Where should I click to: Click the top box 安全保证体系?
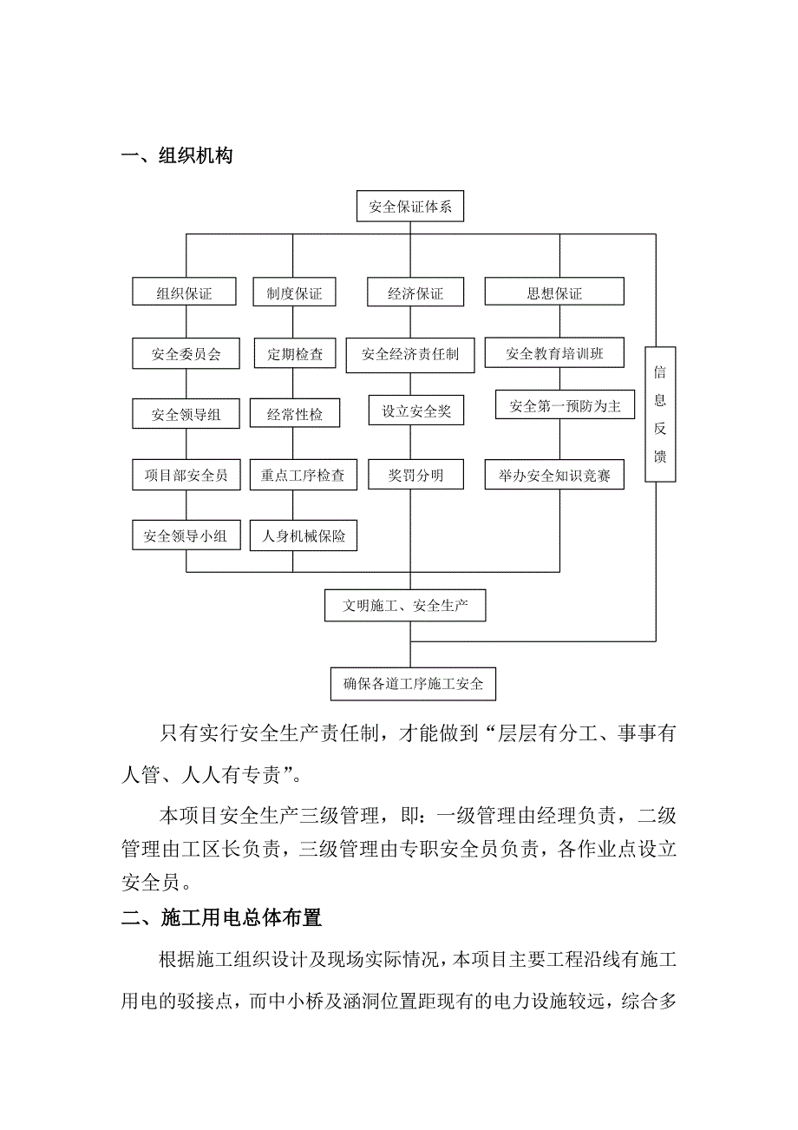click(409, 207)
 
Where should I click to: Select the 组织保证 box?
click(185, 293)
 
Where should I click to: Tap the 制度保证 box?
click(294, 293)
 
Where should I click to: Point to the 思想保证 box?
click(554, 293)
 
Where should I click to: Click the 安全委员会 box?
click(185, 354)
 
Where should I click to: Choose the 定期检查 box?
click(294, 354)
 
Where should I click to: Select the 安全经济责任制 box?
click(410, 354)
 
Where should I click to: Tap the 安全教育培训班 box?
click(554, 354)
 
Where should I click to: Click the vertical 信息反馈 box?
click(660, 414)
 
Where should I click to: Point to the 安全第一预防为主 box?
click(566, 405)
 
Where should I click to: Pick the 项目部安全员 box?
click(185, 475)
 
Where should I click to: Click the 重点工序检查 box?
click(303, 475)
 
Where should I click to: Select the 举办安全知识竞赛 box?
click(554, 475)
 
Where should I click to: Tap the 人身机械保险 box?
click(303, 536)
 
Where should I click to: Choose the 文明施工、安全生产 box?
click(405, 606)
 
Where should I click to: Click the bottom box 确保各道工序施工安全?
click(413, 684)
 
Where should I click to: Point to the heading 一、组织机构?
click(177, 156)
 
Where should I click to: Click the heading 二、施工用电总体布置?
click(221, 917)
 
